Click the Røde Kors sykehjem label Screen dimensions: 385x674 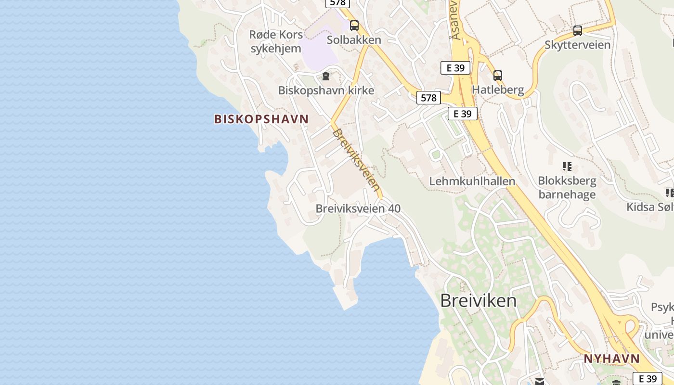coord(276,41)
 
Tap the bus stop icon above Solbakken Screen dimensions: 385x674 coord(354,26)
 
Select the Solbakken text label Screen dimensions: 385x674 coord(354,40)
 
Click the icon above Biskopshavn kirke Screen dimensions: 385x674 coord(326,76)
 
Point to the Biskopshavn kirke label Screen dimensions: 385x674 coord(326,90)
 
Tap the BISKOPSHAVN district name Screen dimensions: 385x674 coord(261,119)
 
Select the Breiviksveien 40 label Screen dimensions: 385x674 coord(358,208)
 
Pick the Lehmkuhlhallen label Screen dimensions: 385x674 coord(472,181)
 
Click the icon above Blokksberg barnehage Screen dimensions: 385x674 coord(567,167)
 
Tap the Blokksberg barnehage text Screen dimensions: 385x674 coord(567,188)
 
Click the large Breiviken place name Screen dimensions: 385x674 coord(479,301)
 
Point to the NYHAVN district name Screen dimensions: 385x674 coord(611,359)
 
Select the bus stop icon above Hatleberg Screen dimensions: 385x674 coord(498,76)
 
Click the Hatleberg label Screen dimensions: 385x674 coord(498,90)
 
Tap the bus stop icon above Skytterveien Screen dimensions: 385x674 coord(578,31)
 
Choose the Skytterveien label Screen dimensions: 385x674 coord(578,45)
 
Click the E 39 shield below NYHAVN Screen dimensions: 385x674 coord(647,379)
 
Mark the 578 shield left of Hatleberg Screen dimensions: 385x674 coord(428,98)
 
